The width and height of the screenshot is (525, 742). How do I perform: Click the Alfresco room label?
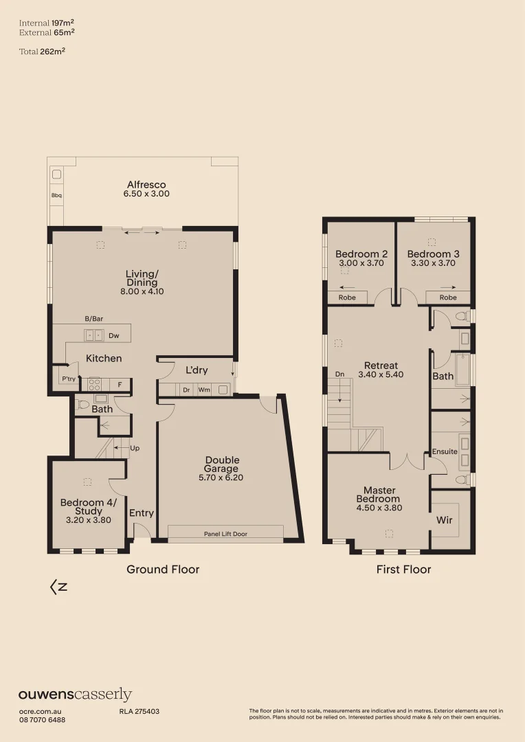coord(146,185)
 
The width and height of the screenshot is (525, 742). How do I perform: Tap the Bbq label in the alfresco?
coord(56,196)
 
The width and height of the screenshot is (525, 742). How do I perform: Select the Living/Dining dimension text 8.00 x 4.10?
coord(142,291)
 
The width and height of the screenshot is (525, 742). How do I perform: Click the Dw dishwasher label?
coord(114,336)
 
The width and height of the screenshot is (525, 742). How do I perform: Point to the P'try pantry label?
coord(68,379)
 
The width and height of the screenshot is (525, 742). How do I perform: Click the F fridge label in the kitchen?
coord(120,385)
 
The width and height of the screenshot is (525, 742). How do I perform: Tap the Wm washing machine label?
coord(204,390)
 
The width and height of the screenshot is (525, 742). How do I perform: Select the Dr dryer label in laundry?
coord(186,390)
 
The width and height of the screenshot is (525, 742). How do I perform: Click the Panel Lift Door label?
coord(225,533)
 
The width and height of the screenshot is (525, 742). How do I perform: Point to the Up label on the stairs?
coord(134,448)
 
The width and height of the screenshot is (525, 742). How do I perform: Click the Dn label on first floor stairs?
coord(339,374)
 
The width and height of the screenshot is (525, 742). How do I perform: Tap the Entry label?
coord(142,513)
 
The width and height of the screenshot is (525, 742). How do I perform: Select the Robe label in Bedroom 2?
coord(347,297)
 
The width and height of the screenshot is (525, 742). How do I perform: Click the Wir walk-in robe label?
coord(445,520)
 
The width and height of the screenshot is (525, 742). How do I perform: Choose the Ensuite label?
coord(445,451)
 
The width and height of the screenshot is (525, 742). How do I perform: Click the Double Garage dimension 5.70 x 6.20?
coord(222,477)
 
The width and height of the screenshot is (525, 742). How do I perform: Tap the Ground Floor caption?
coord(163,569)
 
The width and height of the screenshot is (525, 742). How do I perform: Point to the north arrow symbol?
coord(58,587)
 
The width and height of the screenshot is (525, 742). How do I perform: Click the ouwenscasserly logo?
coord(75,695)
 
